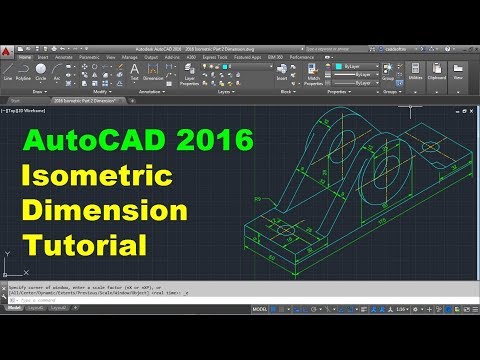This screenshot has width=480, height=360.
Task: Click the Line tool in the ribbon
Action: [x=7, y=72]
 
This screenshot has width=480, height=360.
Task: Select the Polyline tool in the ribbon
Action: [x=23, y=72]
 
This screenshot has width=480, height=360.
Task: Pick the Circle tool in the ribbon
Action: [x=40, y=72]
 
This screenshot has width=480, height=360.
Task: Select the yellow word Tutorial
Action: [x=86, y=244]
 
